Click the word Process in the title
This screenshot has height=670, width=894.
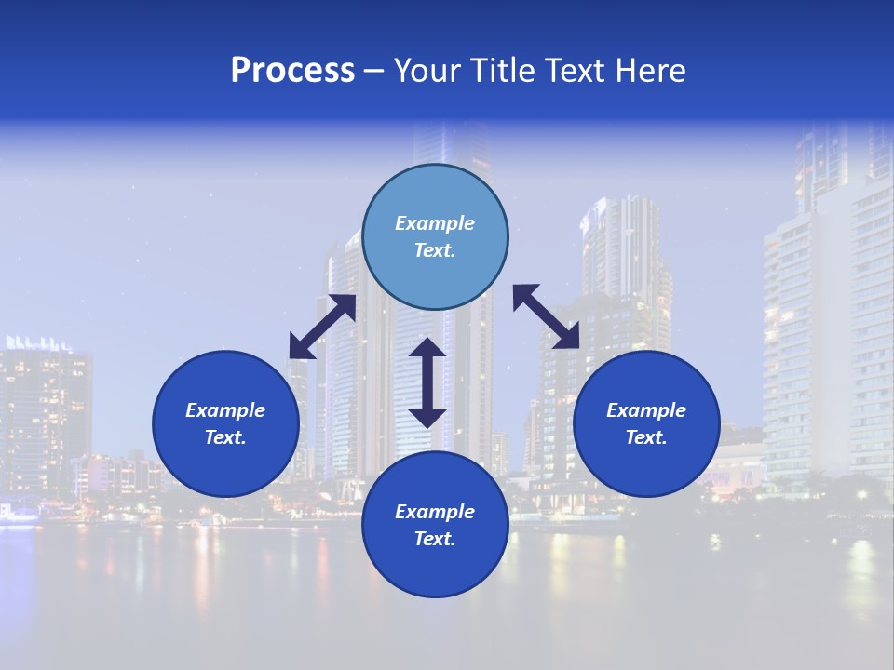pos(292,71)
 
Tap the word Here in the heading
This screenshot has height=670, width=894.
pos(648,71)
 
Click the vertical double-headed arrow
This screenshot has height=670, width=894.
pos(427,382)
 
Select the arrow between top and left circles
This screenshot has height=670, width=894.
pos(322,327)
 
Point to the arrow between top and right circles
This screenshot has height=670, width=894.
pos(546,316)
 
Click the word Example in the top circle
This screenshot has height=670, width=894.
pos(435,223)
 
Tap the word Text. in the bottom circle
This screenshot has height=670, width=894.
pos(435,539)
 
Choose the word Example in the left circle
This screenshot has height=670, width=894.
pos(225,410)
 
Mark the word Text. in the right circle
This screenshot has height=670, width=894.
pos(646,437)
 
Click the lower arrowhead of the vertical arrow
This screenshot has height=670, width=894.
pos(427,416)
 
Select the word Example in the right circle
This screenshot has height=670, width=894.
pos(646,410)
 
